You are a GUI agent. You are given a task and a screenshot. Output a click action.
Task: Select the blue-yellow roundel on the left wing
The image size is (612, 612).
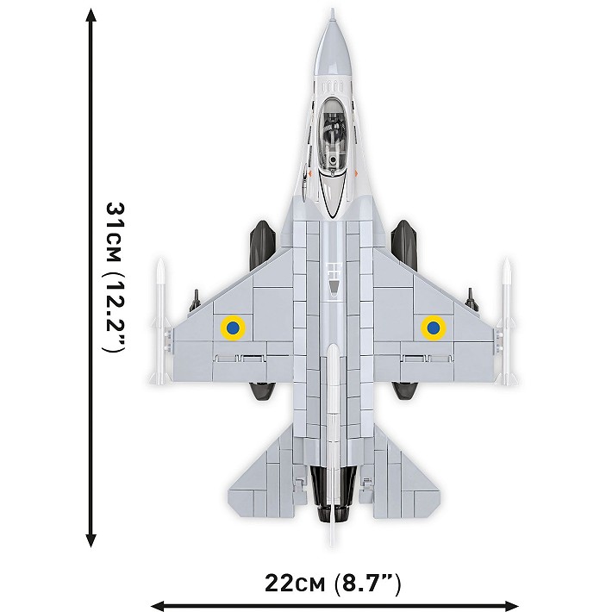(x=232, y=327)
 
